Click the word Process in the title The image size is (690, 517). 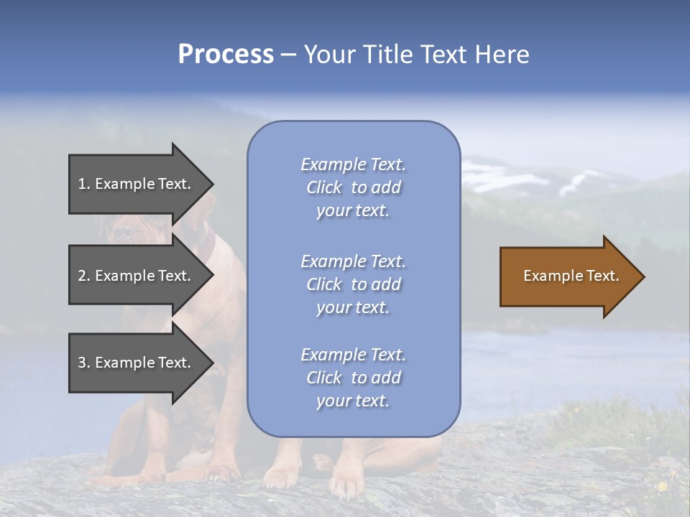(226, 55)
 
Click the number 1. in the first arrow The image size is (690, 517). (84, 185)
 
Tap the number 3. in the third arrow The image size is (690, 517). (84, 363)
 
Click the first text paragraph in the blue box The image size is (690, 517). (353, 187)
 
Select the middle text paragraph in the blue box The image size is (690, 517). (353, 284)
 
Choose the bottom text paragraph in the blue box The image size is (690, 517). (353, 378)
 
